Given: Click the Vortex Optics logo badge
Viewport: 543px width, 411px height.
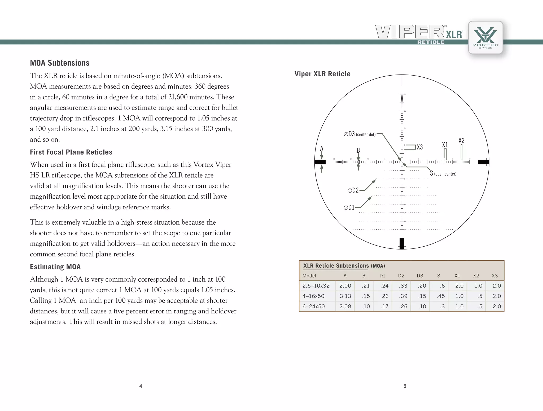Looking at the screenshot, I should click(485, 38).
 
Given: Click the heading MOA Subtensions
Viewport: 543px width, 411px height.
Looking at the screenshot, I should click(60, 63).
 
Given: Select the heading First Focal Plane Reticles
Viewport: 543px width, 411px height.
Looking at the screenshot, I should click(71, 152).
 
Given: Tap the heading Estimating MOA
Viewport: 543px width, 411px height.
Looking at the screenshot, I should click(55, 267).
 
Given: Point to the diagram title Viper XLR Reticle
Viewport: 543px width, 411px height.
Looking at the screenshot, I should click(322, 74).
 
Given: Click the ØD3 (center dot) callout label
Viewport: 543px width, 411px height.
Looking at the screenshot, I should click(360, 134).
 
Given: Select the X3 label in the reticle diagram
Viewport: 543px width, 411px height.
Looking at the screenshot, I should click(420, 147).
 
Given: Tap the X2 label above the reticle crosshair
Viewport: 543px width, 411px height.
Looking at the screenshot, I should click(461, 141).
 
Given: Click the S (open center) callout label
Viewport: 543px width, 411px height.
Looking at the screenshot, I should click(443, 174).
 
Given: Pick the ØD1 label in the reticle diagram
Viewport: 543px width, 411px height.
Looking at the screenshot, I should click(349, 208).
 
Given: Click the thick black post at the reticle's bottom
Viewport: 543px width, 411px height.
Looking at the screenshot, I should click(402, 243).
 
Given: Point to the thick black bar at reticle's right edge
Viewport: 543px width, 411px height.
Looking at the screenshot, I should click(483, 162).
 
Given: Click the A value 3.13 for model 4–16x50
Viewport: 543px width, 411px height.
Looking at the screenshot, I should click(345, 296).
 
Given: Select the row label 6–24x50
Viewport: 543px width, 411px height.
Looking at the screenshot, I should click(314, 307).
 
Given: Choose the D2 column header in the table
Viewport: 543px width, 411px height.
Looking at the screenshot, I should click(401, 276).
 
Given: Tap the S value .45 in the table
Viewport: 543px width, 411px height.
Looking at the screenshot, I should click(440, 296).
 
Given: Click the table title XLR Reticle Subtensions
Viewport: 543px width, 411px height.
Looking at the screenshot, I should click(336, 266).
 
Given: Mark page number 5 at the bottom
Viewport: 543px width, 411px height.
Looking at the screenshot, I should click(405, 386).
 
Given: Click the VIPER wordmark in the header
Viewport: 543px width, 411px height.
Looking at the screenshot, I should click(410, 32).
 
